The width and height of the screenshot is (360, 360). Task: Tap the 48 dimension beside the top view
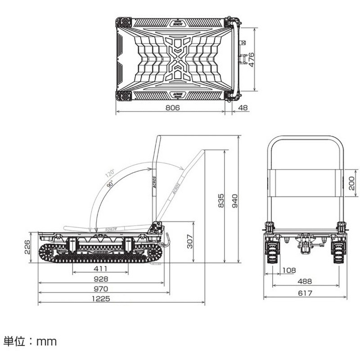243,108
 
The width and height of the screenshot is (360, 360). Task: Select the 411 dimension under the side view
100,269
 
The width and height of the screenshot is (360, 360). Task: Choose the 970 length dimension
100,288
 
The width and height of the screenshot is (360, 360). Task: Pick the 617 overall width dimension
305,293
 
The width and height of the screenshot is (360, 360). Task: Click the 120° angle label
110,174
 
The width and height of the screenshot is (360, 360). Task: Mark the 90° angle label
109,184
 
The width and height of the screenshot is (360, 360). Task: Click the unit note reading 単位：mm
30,342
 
